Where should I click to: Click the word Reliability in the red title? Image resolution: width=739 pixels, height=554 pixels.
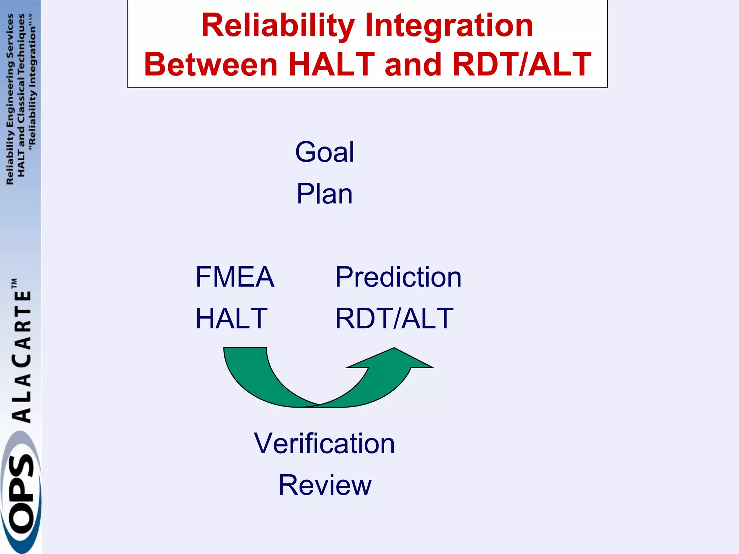coord(278,26)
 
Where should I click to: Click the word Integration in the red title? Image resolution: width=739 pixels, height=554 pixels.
coord(449,26)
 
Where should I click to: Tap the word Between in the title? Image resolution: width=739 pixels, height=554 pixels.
coord(211,65)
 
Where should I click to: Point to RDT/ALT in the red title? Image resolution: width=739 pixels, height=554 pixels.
coord(521,65)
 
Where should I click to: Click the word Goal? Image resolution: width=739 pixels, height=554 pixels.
coord(324,152)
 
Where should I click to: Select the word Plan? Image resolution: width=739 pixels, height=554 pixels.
coord(324,194)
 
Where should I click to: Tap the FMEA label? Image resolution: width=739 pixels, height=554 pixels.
coord(235,277)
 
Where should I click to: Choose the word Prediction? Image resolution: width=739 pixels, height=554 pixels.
coord(398,277)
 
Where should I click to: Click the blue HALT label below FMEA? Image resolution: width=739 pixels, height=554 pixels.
coord(231,318)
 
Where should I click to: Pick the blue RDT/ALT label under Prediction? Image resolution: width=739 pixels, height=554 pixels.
coord(394,318)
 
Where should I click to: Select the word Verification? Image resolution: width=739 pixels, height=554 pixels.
coord(324,443)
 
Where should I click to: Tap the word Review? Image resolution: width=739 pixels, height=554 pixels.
coord(325,485)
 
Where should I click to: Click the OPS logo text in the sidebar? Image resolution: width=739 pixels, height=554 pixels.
coord(21,494)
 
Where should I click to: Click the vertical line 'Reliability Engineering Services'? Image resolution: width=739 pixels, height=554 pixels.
coord(10,99)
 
